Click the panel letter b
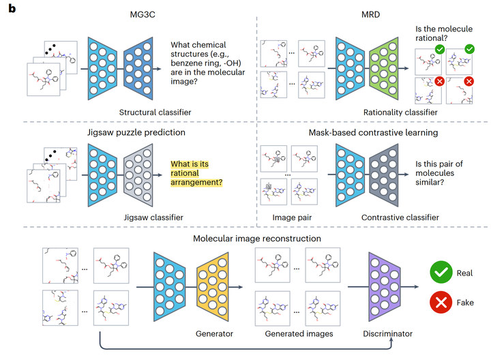click(12, 8)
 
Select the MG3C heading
click(143, 15)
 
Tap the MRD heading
click(370, 15)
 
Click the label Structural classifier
click(155, 112)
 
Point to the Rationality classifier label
click(400, 112)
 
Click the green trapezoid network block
click(383, 69)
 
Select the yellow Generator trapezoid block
click(213, 287)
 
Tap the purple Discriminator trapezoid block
click(385, 287)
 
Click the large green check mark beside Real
click(441, 272)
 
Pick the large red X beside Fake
click(441, 303)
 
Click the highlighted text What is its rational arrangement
click(196, 173)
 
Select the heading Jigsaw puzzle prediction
click(136, 132)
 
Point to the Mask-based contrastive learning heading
click(373, 133)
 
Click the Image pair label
click(292, 217)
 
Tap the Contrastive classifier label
click(400, 217)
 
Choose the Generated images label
click(299, 334)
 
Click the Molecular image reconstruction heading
click(257, 239)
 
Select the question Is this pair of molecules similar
click(439, 173)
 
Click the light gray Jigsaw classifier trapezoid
click(138, 175)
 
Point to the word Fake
click(465, 303)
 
